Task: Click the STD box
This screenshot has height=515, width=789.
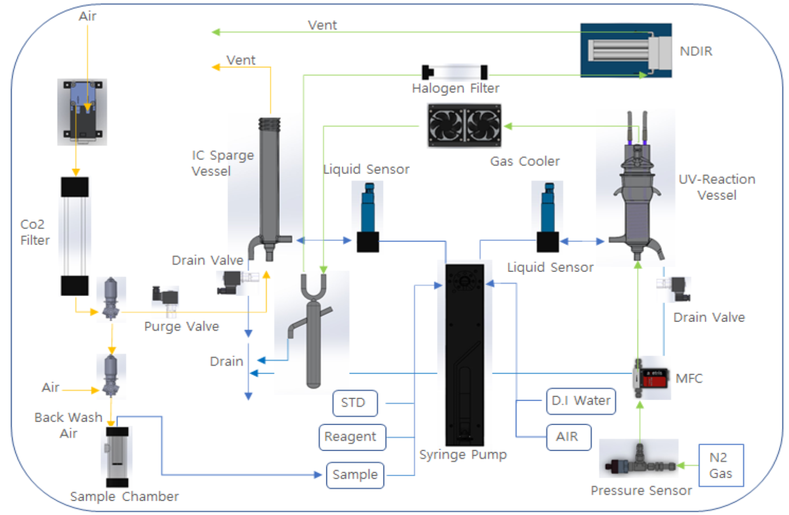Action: tap(355, 403)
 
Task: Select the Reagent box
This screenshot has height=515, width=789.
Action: tap(352, 437)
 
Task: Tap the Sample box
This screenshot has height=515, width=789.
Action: tap(355, 475)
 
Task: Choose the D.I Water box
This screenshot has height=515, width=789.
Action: tap(581, 401)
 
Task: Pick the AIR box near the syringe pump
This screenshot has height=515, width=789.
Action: tap(568, 437)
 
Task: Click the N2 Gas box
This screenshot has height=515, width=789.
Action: tap(721, 465)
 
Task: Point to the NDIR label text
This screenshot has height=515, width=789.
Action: tap(696, 51)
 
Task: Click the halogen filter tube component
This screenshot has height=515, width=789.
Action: tap(454, 71)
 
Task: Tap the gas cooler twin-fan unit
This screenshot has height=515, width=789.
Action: tap(464, 125)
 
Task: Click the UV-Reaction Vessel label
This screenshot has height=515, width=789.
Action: tap(717, 187)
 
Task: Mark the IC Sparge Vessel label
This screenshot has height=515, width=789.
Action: tap(222, 163)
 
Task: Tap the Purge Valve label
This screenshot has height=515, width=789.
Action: tap(182, 326)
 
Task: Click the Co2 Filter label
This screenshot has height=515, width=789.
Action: tap(35, 232)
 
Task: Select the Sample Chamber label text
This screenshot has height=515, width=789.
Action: tap(124, 496)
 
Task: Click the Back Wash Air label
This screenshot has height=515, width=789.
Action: tap(68, 425)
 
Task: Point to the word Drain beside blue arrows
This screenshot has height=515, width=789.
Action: tap(226, 361)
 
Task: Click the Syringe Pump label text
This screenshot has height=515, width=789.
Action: tap(463, 454)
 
